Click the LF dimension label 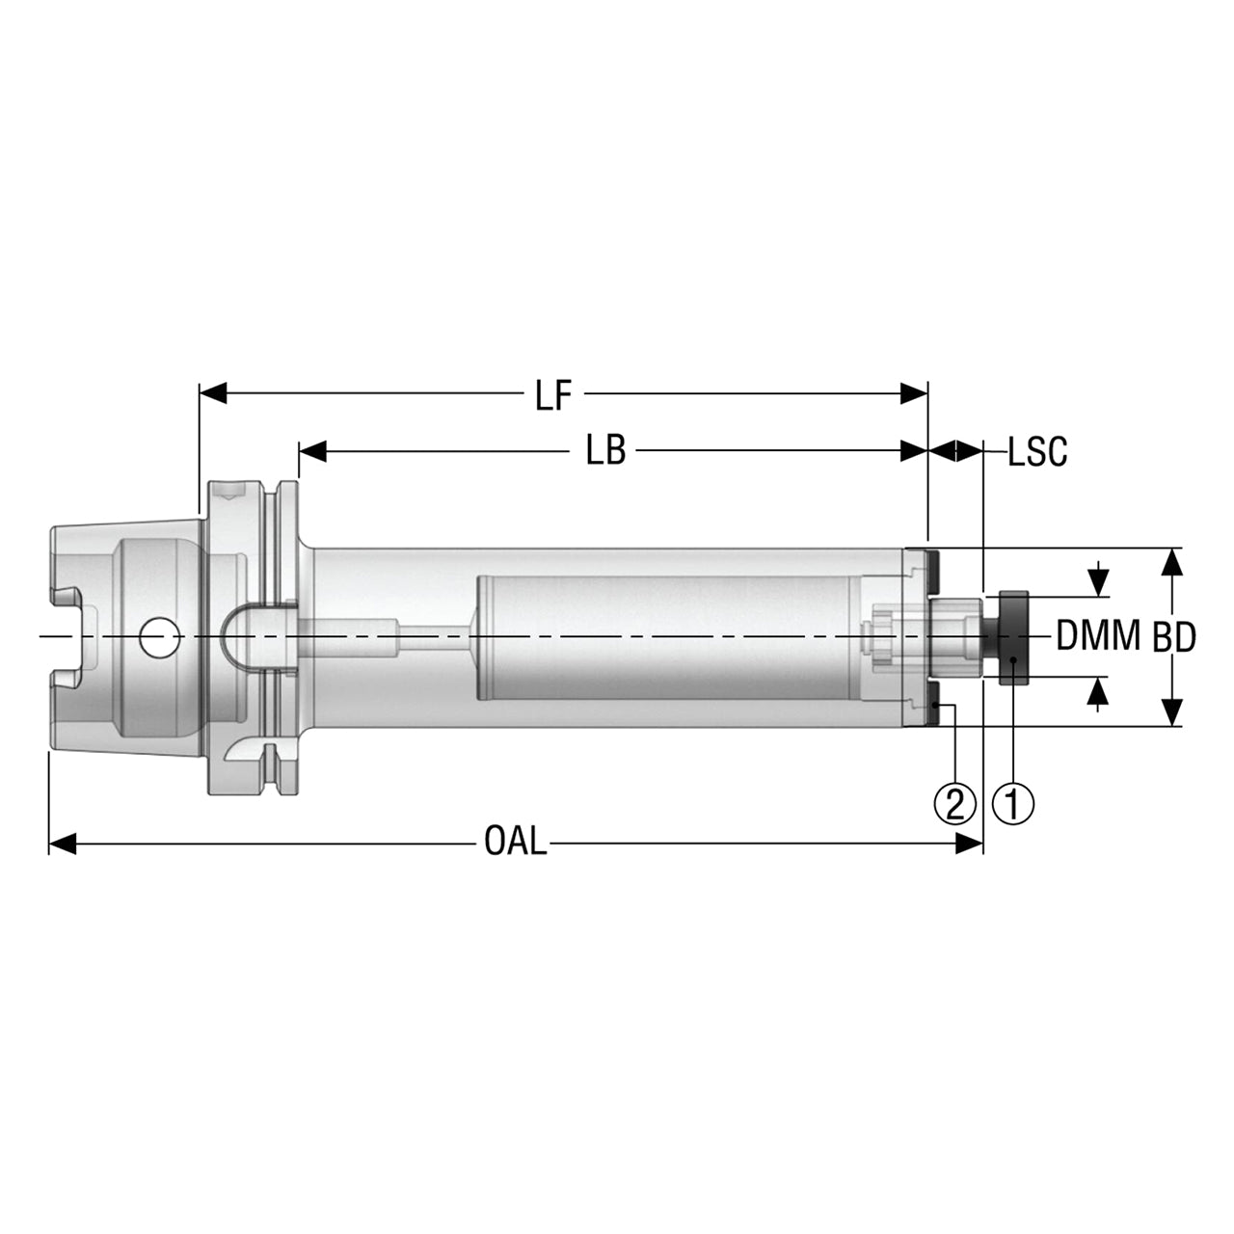coord(553,395)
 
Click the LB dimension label coord(605,451)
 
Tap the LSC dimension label coord(1037,451)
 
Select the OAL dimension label coord(516,841)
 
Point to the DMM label coord(1098,635)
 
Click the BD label coord(1174,637)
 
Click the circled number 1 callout coord(1013,804)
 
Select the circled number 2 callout coord(954,804)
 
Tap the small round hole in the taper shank coord(158,636)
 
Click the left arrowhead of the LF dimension coord(213,393)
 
